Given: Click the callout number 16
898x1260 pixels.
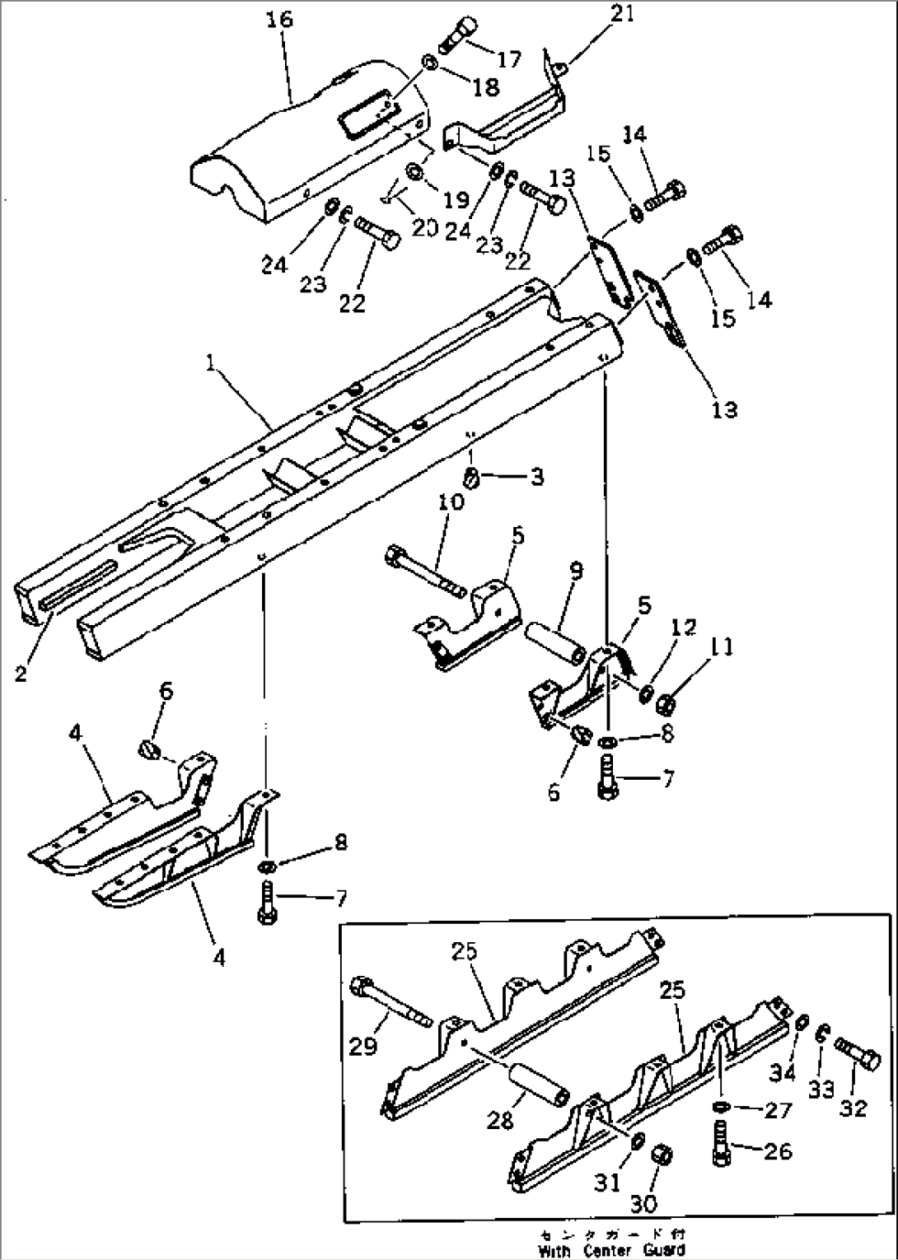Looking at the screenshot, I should pos(280,18).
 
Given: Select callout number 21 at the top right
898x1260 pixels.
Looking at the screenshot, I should pos(622,14).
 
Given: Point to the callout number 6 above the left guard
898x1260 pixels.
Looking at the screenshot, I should pos(166,692).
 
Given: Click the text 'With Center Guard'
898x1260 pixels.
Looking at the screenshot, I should pos(611,1251).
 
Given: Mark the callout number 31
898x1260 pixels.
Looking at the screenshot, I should pos(607,1182).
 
